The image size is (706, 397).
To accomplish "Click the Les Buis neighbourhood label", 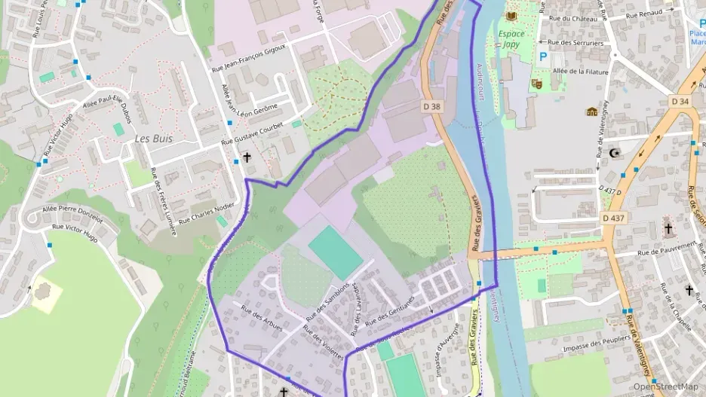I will tap(153, 139).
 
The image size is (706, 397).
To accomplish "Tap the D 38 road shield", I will tap(431, 107).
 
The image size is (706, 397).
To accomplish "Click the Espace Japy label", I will tap(511, 38).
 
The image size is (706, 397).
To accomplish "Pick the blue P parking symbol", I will tap(542, 56).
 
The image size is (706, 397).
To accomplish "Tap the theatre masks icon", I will tap(536, 83).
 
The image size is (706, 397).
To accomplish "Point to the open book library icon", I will tap(511, 16).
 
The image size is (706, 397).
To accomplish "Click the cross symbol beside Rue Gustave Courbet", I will tap(246, 158).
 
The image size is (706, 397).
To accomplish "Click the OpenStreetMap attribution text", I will tap(665, 386).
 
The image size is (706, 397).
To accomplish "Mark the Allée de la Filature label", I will tap(582, 72).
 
